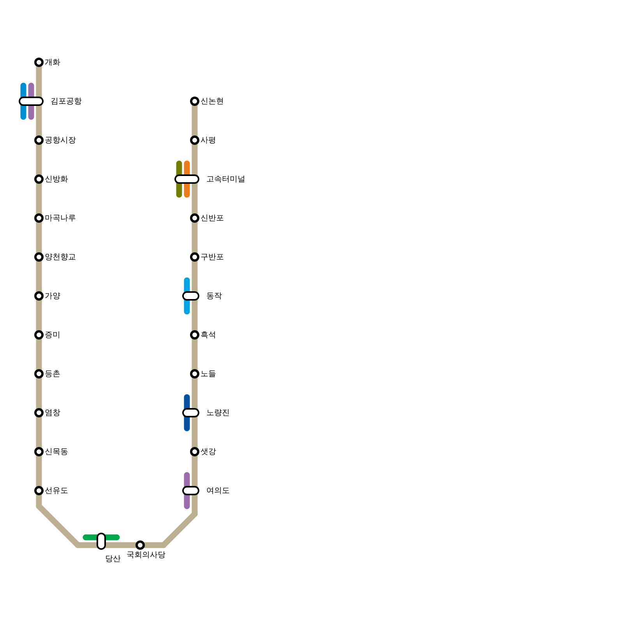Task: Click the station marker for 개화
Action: [39, 62]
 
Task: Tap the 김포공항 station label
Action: [66, 101]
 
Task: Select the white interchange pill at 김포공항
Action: [31, 101]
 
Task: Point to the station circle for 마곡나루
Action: [39, 218]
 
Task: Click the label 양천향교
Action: [60, 257]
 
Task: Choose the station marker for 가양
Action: [39, 296]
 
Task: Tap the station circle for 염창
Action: [39, 413]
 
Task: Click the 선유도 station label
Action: [56, 491]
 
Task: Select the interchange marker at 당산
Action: [101, 541]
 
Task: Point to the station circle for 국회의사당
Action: [140, 545]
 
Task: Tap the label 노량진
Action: [218, 413]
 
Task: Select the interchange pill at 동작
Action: [191, 296]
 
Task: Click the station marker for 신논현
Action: [195, 101]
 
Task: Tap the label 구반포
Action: [212, 257]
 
